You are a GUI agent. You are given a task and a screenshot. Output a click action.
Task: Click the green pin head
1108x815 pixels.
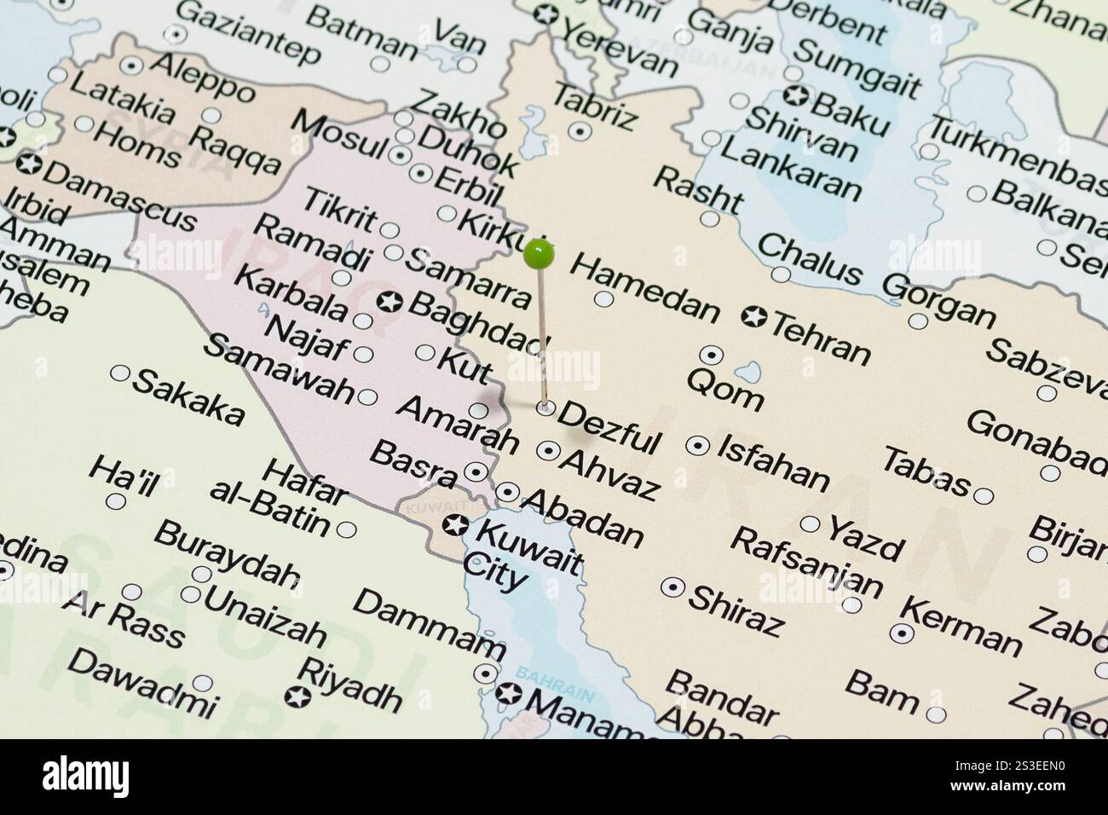540,252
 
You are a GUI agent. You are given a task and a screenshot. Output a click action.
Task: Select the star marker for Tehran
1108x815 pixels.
754,317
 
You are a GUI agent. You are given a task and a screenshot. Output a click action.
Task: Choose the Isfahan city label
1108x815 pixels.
773,463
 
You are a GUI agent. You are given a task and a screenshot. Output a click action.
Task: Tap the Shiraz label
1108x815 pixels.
736,610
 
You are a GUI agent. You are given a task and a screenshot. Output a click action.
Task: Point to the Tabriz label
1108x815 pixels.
595,106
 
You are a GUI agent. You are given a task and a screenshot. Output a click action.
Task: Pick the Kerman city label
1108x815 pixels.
961,627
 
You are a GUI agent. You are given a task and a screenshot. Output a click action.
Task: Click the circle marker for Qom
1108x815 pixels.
711,355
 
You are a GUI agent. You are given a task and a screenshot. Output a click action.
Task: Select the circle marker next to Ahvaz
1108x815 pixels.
547,450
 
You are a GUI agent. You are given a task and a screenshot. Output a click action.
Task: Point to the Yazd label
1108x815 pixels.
864,539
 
